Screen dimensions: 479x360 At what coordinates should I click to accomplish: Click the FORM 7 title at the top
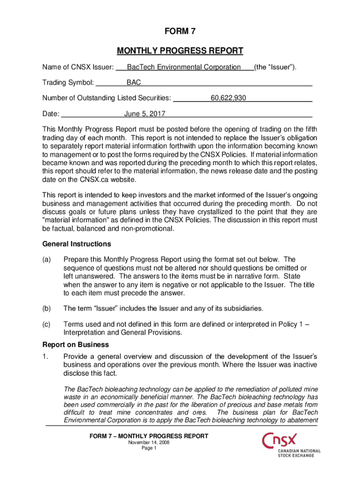tap(180, 32)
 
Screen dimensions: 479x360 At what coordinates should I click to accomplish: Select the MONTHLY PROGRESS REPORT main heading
tap(180, 51)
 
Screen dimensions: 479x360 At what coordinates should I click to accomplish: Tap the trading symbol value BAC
tap(134, 83)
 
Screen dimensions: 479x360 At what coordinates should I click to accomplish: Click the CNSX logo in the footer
tap(290, 445)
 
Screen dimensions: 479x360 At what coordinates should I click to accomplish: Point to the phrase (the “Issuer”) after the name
tap(275, 67)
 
